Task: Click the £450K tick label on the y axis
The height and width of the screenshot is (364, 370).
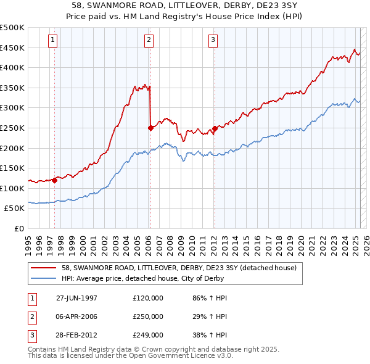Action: pyautogui.click(x=12, y=48)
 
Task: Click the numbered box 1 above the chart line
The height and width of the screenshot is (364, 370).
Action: pyautogui.click(x=53, y=41)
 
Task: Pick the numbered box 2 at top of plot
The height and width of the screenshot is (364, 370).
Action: pyautogui.click(x=149, y=41)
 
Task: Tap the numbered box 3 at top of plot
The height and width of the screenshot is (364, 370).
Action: pyautogui.click(x=213, y=41)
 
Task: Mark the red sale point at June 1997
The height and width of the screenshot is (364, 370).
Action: pyautogui.click(x=54, y=180)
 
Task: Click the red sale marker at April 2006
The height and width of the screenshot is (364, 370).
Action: pyautogui.click(x=150, y=128)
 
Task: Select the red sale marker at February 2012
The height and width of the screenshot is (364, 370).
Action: pyautogui.click(x=214, y=128)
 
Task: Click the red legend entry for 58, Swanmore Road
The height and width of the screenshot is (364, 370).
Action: pyautogui.click(x=179, y=268)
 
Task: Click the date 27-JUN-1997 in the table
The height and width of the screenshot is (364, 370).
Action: pyautogui.click(x=76, y=298)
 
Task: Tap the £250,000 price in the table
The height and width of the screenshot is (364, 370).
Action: pyautogui.click(x=147, y=316)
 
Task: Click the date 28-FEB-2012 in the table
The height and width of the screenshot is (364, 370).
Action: pyautogui.click(x=76, y=335)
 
